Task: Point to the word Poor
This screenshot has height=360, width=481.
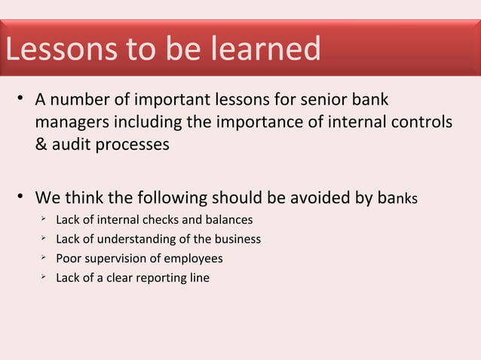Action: (69, 258)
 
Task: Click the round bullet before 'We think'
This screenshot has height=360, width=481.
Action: (24, 199)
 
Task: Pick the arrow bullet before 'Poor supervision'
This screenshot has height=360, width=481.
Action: (44, 258)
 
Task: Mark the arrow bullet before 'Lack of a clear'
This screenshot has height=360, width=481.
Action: (44, 277)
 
